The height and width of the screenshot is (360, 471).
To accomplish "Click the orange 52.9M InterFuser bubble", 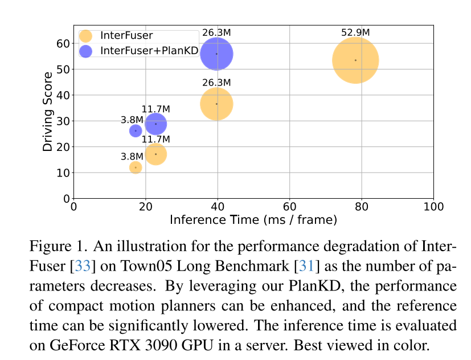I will (x=355, y=60).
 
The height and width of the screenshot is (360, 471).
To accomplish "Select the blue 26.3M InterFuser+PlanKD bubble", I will (x=216, y=54).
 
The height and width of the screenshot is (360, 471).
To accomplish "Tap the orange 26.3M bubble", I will (x=216, y=104).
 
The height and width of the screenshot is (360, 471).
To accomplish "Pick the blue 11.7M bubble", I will (x=155, y=124).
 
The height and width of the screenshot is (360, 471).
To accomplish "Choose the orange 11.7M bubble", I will (x=155, y=154).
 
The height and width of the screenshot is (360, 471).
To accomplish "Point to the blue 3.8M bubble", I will (x=136, y=131).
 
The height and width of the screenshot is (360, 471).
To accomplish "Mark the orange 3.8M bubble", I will (x=136, y=167).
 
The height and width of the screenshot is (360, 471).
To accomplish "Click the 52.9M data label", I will (x=355, y=32).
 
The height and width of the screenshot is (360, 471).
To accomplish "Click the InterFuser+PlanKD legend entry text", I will (x=149, y=51).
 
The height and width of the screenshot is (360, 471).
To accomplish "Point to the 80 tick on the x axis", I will (x=362, y=207).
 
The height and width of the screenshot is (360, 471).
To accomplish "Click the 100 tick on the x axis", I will (x=433, y=207).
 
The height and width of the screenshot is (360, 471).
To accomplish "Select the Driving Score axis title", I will (x=48, y=111).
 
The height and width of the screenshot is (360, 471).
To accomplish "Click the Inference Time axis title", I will (x=253, y=219).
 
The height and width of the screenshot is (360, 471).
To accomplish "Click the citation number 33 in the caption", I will (x=83, y=266).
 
